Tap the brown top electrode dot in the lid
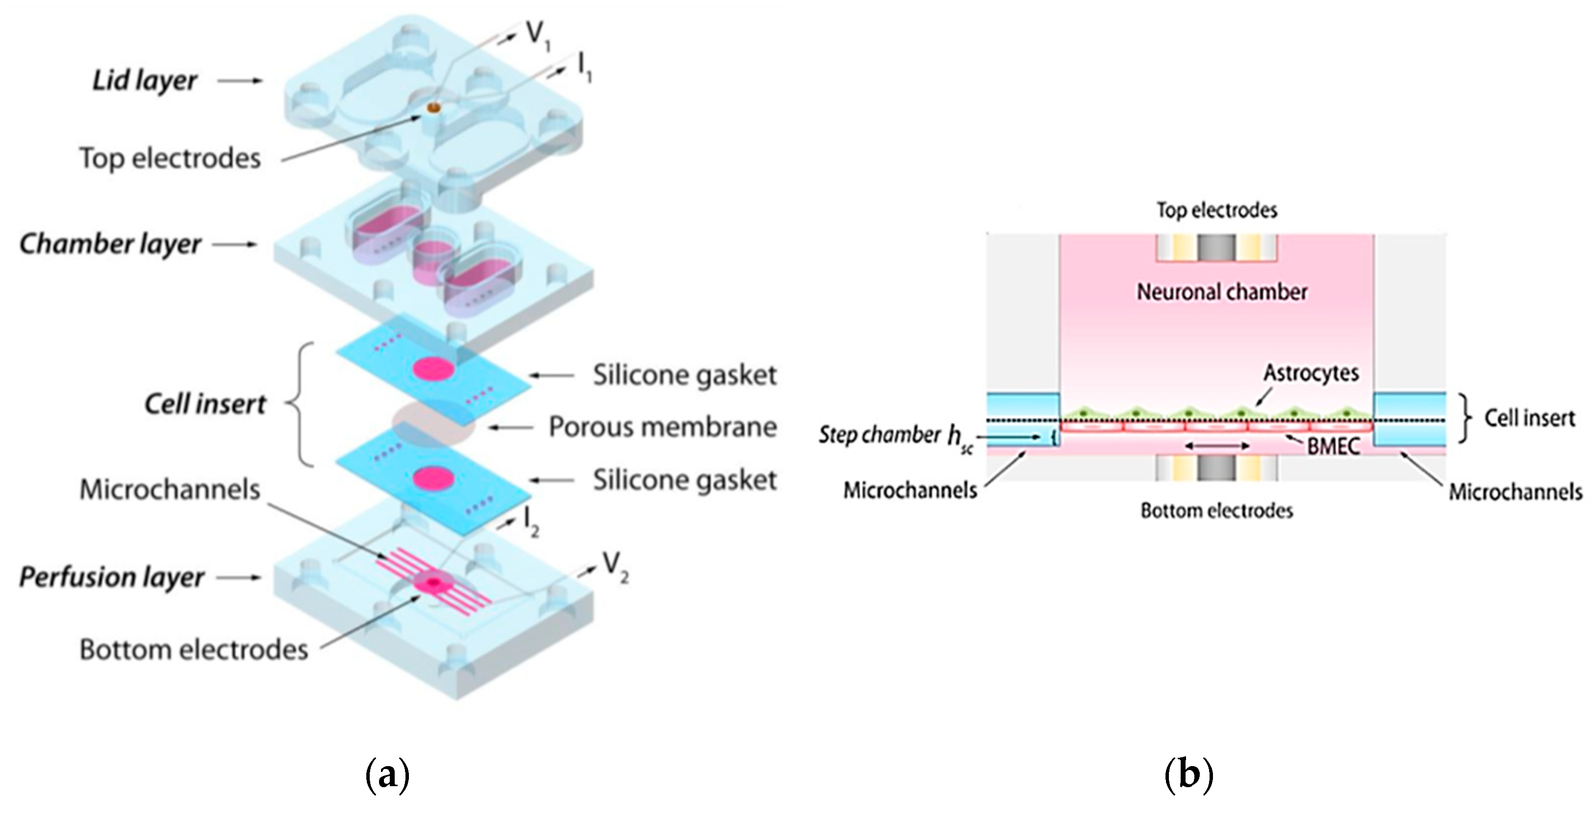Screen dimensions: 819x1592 coord(434,108)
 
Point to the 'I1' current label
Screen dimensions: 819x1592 coord(583,67)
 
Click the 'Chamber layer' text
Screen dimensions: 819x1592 coord(110,244)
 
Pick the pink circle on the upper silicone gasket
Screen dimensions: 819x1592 coord(433,369)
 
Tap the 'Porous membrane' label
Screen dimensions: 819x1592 coord(663,427)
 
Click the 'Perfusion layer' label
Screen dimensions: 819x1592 coord(111,578)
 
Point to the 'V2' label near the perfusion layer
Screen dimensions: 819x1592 coord(615,566)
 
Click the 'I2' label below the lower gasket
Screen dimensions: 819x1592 coord(531,521)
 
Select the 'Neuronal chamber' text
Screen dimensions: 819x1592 coord(1222,292)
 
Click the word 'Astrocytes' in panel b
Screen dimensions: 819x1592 coord(1311,373)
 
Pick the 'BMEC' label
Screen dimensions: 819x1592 coord(1333,446)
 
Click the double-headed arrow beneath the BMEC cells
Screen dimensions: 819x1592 coord(1217,446)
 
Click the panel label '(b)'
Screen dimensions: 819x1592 coord(1188,774)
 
